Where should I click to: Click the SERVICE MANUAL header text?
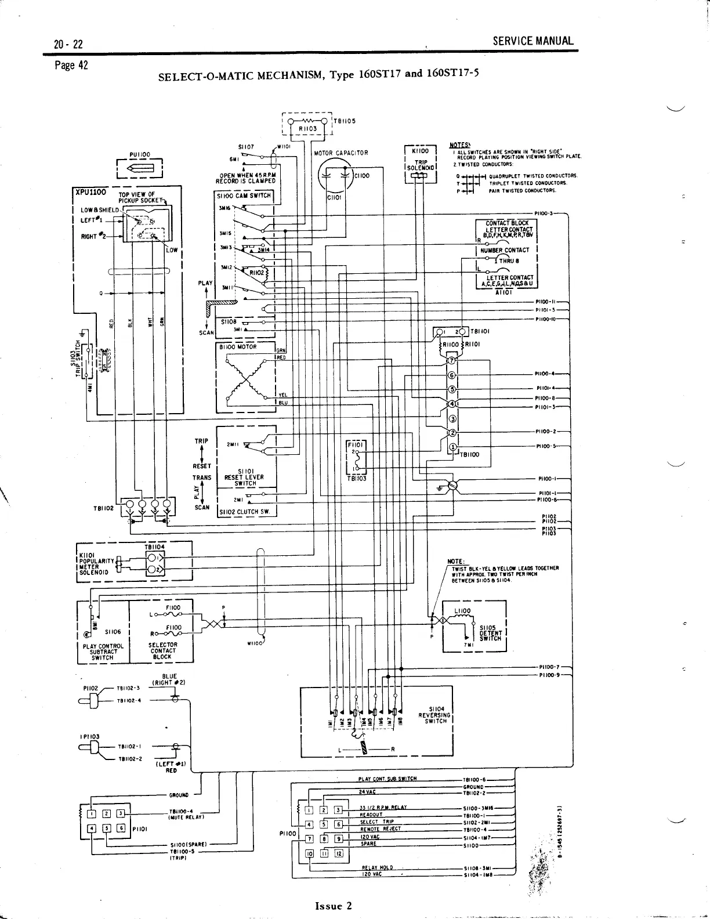[532, 41]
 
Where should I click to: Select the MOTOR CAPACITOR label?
[341, 153]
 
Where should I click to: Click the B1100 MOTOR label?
[238, 346]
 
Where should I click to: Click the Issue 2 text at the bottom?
[333, 906]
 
